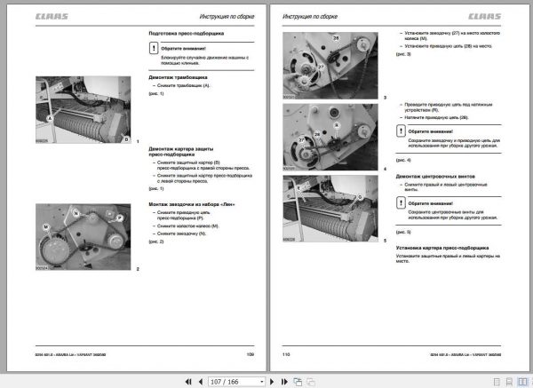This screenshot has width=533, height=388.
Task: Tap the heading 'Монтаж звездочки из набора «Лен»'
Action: coord(193,203)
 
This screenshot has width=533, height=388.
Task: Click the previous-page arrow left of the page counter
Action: coord(203,381)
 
